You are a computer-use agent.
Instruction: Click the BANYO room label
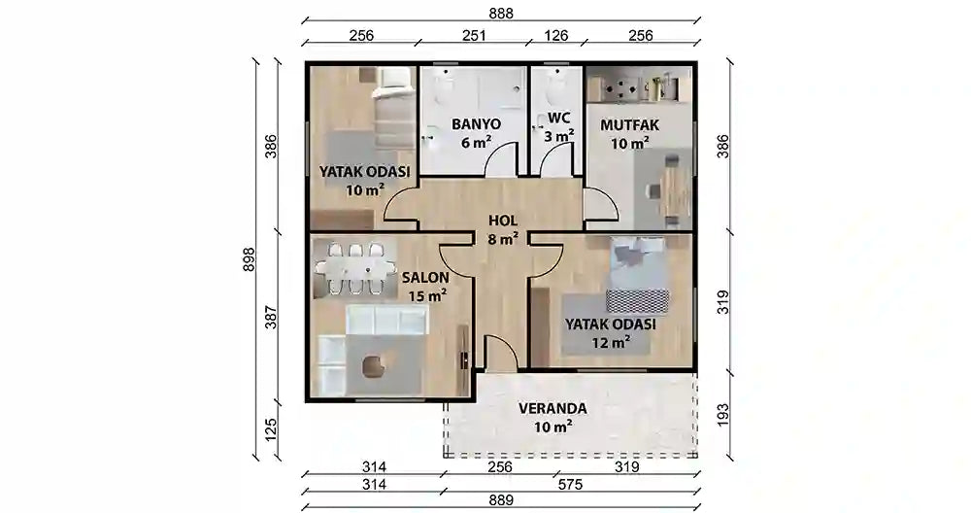point(475,124)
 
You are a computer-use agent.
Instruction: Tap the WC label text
point(558,118)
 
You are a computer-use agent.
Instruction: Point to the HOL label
point(502,220)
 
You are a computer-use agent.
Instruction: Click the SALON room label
point(424,277)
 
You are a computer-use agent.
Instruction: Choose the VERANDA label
point(552,408)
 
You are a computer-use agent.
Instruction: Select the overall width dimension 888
point(500,13)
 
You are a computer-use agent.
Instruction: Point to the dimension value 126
point(557,36)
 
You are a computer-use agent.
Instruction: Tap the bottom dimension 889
point(500,503)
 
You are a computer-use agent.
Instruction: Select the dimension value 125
point(271,428)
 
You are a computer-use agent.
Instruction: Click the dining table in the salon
point(353,266)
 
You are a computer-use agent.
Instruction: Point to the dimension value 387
point(271,317)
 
